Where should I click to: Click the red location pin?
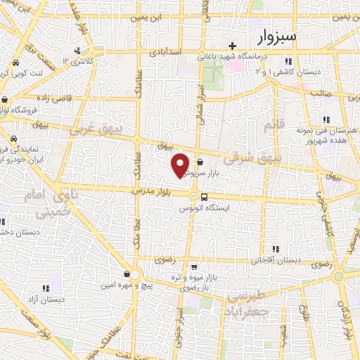coord(180,165)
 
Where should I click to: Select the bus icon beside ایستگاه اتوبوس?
coord(203,196)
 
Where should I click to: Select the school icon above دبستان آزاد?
coord(46,287)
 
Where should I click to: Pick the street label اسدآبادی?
coord(166,52)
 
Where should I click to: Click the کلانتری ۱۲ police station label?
coord(78,61)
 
